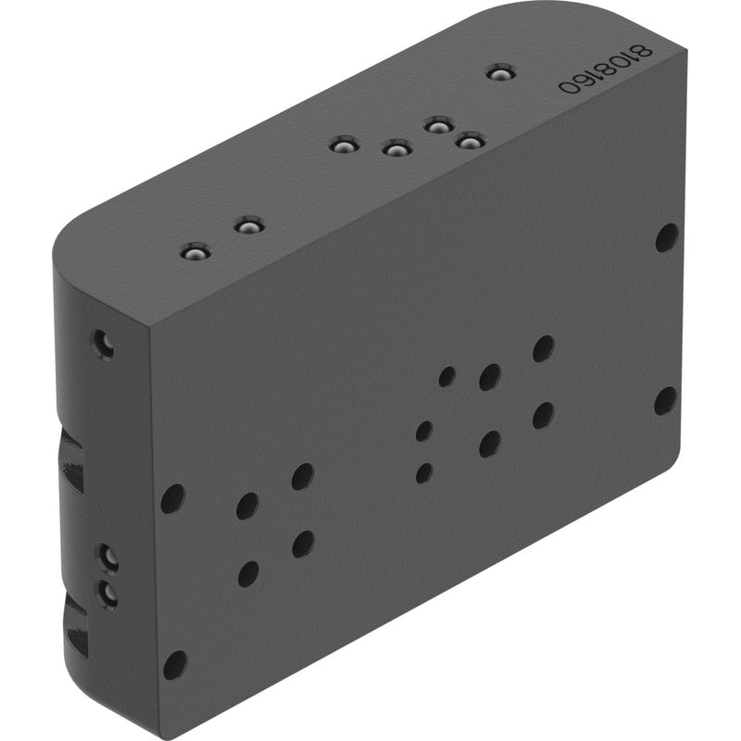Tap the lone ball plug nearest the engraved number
tap(501, 73)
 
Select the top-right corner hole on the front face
tap(667, 238)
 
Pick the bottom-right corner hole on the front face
tap(665, 401)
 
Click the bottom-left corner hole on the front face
tap(175, 665)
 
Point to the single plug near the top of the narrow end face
tap(103, 344)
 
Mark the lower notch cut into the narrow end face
tap(76, 623)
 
